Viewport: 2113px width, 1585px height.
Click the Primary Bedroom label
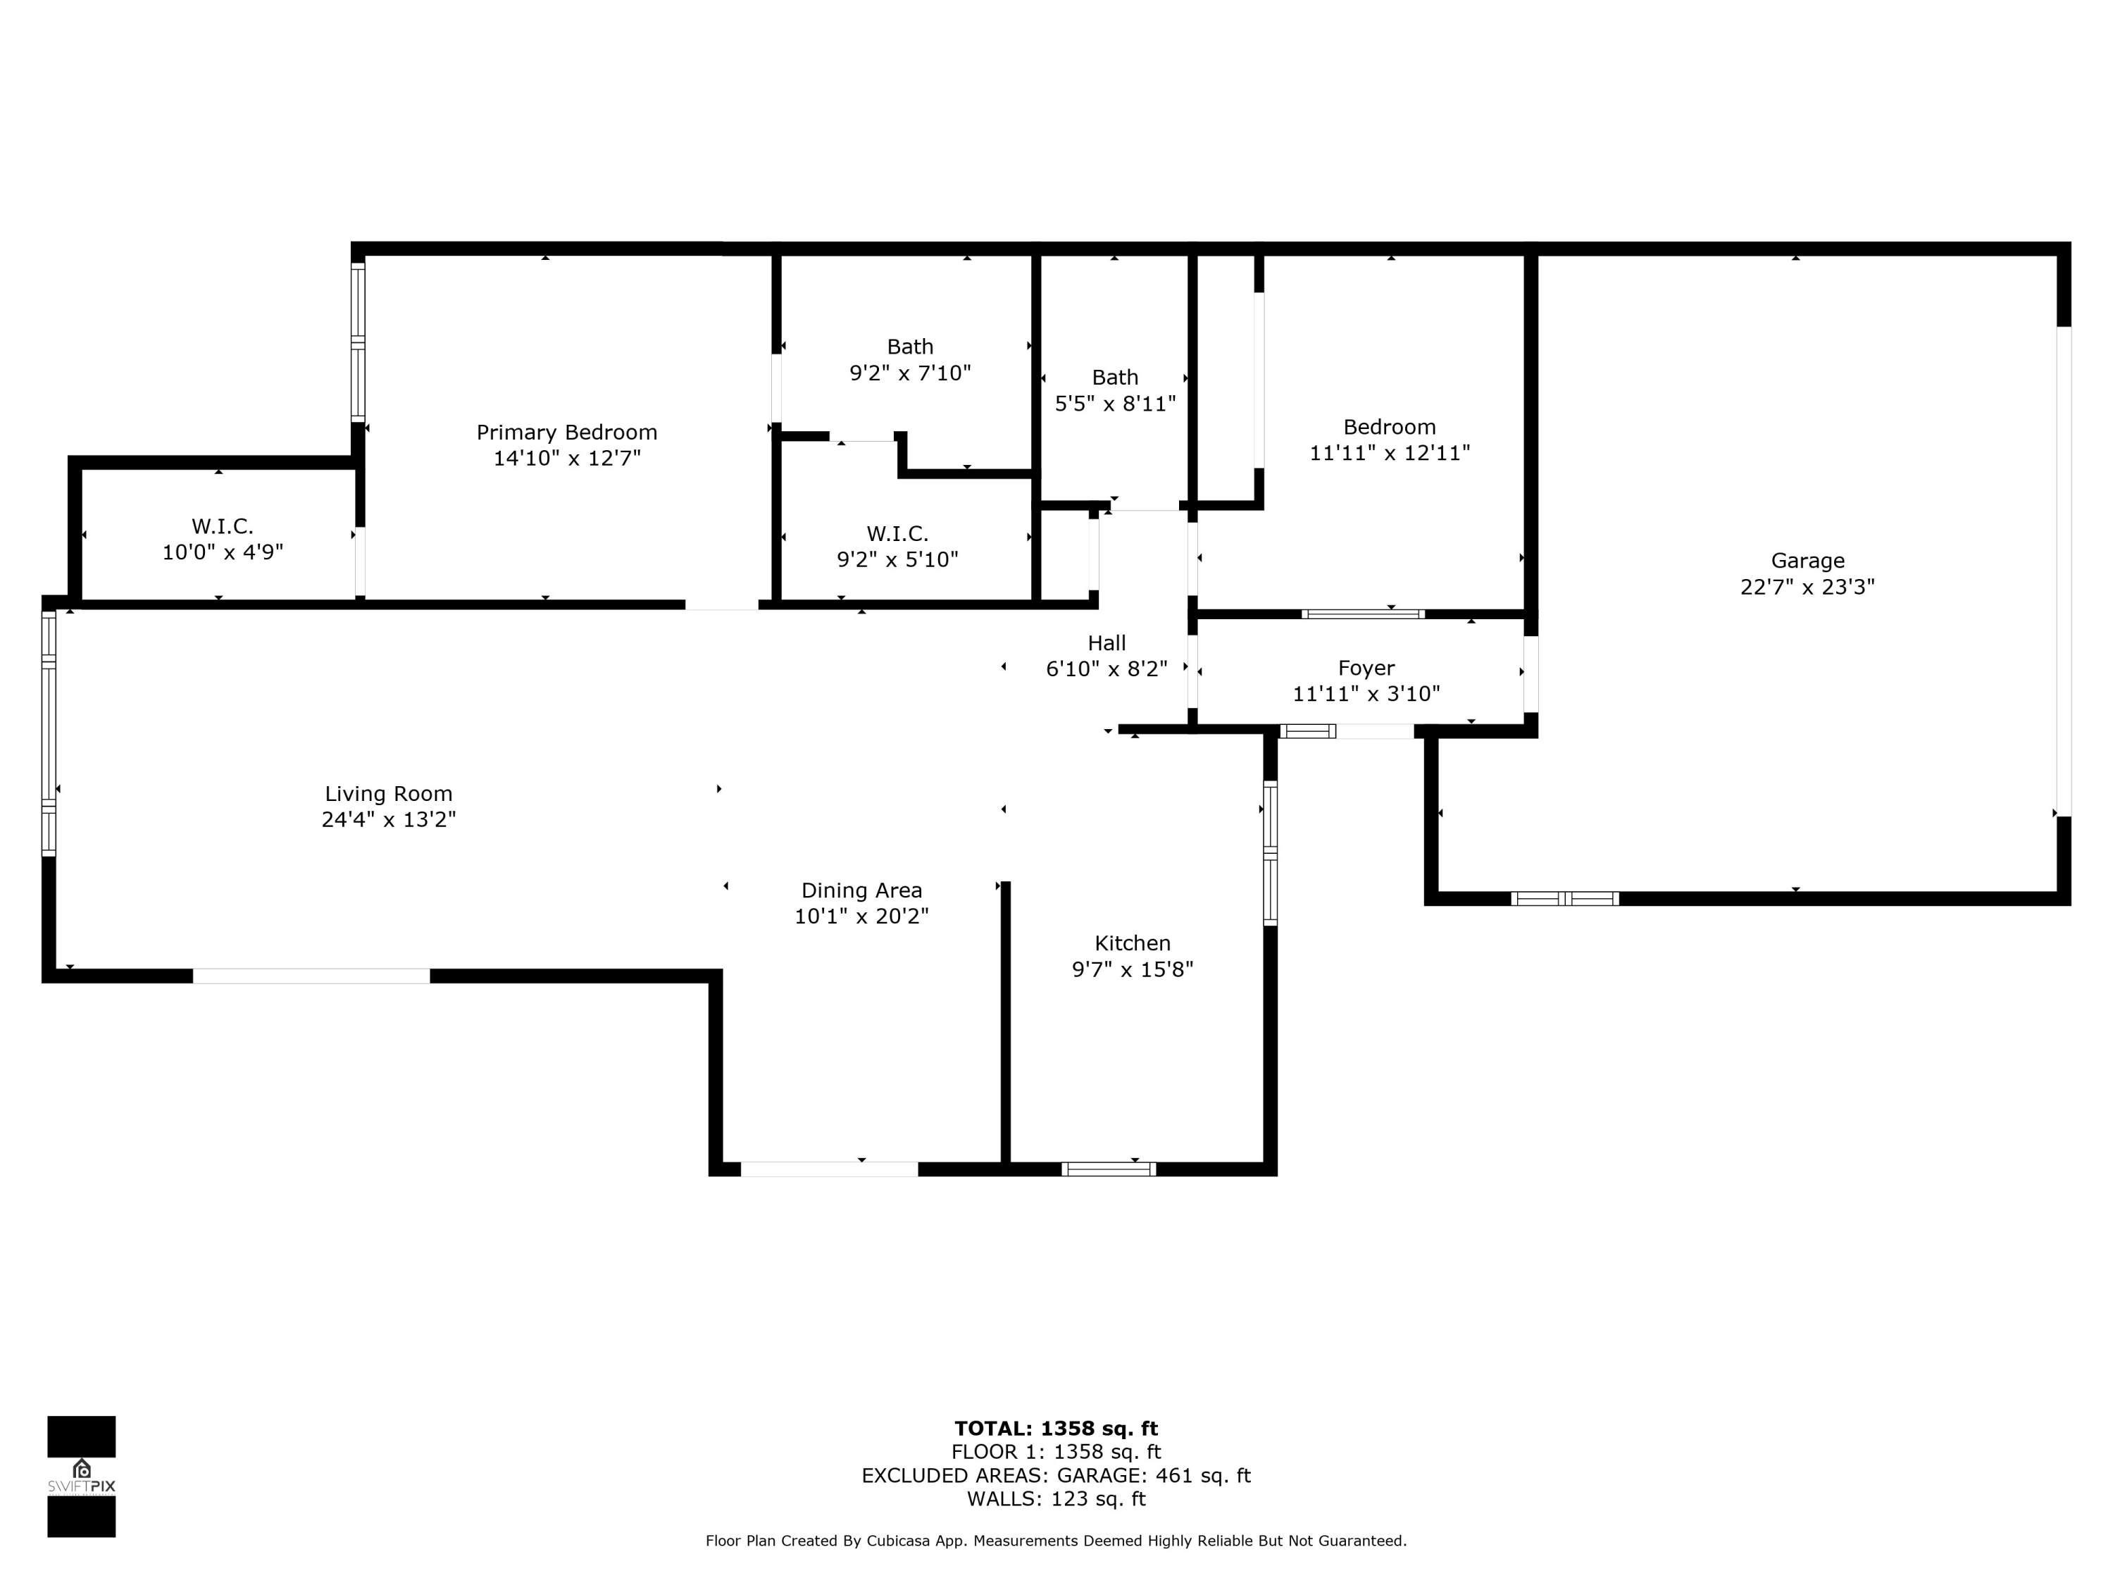(566, 433)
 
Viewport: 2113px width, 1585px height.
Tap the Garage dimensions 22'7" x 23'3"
(1807, 587)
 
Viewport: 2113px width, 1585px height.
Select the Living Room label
(388, 794)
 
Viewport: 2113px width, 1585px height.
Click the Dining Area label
(861, 890)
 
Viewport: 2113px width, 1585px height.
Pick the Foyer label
(1365, 669)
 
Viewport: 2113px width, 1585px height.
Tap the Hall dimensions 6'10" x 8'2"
(1107, 669)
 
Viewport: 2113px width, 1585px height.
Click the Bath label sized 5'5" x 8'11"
(1115, 378)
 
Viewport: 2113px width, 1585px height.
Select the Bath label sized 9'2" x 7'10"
(909, 347)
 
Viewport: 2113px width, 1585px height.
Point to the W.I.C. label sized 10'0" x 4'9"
(223, 526)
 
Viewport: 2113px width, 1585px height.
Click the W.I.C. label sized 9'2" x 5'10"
(897, 534)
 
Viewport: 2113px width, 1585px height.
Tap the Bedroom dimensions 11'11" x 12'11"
(1389, 453)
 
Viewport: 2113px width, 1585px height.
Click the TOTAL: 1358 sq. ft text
(1056, 1429)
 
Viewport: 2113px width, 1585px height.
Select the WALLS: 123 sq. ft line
(1056, 1499)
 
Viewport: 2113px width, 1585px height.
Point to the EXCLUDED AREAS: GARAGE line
(1056, 1475)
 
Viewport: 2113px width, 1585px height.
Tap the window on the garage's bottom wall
(1565, 898)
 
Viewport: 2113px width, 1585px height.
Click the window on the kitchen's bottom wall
(1108, 1169)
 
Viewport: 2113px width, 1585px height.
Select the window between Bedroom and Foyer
(1363, 614)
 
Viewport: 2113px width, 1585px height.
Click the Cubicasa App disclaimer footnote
(1056, 1541)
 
